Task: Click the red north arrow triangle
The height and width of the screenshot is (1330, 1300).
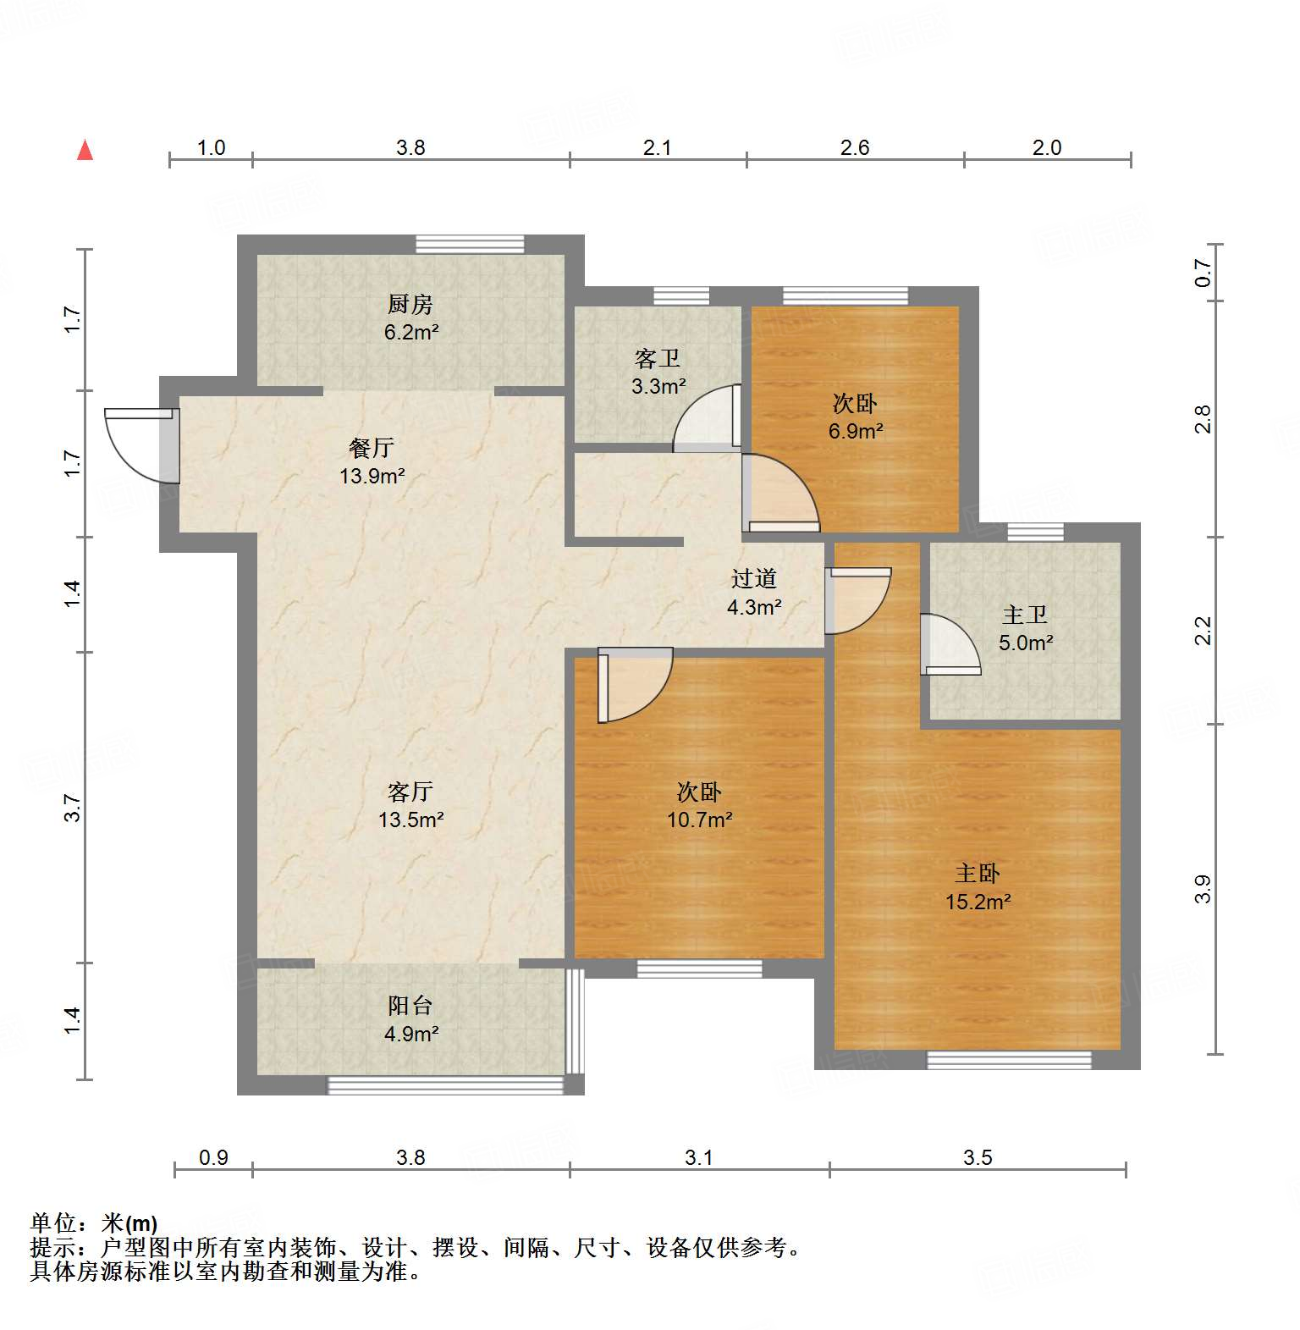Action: pos(85,151)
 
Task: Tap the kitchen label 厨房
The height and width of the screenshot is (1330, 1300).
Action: pos(410,304)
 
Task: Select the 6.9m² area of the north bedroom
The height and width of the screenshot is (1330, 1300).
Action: pos(855,431)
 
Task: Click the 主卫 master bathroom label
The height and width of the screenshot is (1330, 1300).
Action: pos(1025,615)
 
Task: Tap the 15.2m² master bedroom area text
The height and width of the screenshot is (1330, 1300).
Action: pos(978,902)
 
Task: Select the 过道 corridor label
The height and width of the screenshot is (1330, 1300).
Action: pos(753,579)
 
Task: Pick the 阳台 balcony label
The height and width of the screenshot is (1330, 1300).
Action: pos(410,1006)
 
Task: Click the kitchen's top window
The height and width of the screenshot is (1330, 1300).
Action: pos(470,244)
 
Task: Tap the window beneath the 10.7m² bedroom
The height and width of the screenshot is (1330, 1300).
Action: pos(699,968)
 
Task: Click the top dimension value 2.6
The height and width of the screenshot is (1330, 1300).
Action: pos(855,148)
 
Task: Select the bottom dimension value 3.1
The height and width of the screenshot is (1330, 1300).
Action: pos(699,1157)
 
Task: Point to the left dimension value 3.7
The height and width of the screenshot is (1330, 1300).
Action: pos(74,808)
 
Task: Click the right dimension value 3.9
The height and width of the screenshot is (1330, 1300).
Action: pos(1204,889)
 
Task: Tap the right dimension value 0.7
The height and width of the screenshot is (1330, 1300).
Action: pos(1204,273)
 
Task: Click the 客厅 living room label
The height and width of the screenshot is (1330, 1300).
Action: pos(410,792)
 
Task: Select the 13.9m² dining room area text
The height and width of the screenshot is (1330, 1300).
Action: pos(372,476)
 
